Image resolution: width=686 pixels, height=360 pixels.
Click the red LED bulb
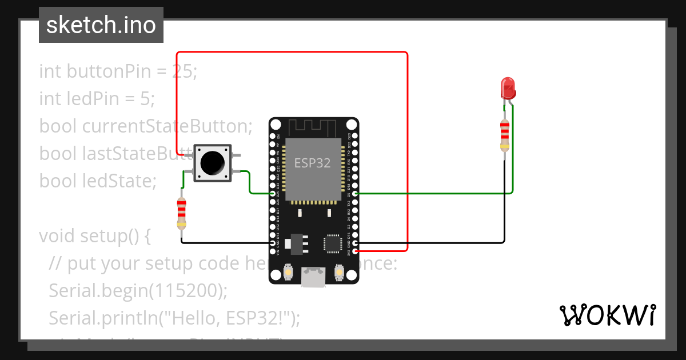508,88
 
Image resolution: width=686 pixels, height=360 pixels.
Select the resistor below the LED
504,135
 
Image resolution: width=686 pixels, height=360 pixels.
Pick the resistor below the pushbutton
182,213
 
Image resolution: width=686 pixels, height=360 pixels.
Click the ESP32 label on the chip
312,163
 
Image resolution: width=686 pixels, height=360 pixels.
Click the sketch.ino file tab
101,25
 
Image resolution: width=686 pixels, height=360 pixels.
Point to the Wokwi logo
607,315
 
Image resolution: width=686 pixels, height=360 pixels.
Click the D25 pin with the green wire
272,194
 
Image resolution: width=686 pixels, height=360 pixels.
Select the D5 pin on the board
356,194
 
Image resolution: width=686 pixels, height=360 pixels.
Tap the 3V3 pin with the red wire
356,250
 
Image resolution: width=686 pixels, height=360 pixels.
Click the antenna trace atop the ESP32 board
313,127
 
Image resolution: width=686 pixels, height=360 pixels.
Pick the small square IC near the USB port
333,242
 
